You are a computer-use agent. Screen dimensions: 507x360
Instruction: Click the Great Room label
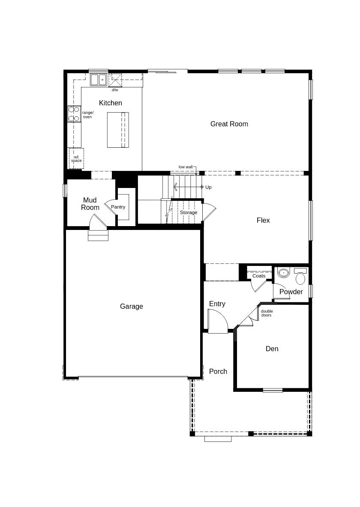229,124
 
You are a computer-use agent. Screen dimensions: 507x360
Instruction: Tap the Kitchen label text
111,103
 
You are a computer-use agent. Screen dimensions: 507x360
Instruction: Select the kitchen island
118,130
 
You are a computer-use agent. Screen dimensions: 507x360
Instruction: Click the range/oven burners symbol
74,114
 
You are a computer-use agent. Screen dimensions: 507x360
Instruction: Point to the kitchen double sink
98,80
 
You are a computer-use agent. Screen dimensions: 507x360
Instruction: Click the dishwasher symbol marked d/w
115,80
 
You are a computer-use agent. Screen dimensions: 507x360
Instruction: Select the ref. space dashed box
76,158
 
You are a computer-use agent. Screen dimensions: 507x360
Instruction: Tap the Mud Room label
90,204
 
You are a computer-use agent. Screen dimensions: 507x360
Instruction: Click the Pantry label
118,207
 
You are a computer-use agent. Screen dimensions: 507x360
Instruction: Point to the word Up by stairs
208,187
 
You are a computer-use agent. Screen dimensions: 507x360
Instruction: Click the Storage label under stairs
189,212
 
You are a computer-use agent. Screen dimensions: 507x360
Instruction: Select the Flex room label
263,221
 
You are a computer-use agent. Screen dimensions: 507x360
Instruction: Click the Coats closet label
259,276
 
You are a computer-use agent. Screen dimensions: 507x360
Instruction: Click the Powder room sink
283,272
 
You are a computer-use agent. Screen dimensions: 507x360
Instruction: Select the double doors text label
267,313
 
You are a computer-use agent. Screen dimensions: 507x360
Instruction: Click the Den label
272,349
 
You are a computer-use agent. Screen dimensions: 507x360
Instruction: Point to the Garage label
132,307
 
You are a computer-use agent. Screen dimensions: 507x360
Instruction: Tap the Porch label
218,372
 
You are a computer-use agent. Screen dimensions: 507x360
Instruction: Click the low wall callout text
186,167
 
